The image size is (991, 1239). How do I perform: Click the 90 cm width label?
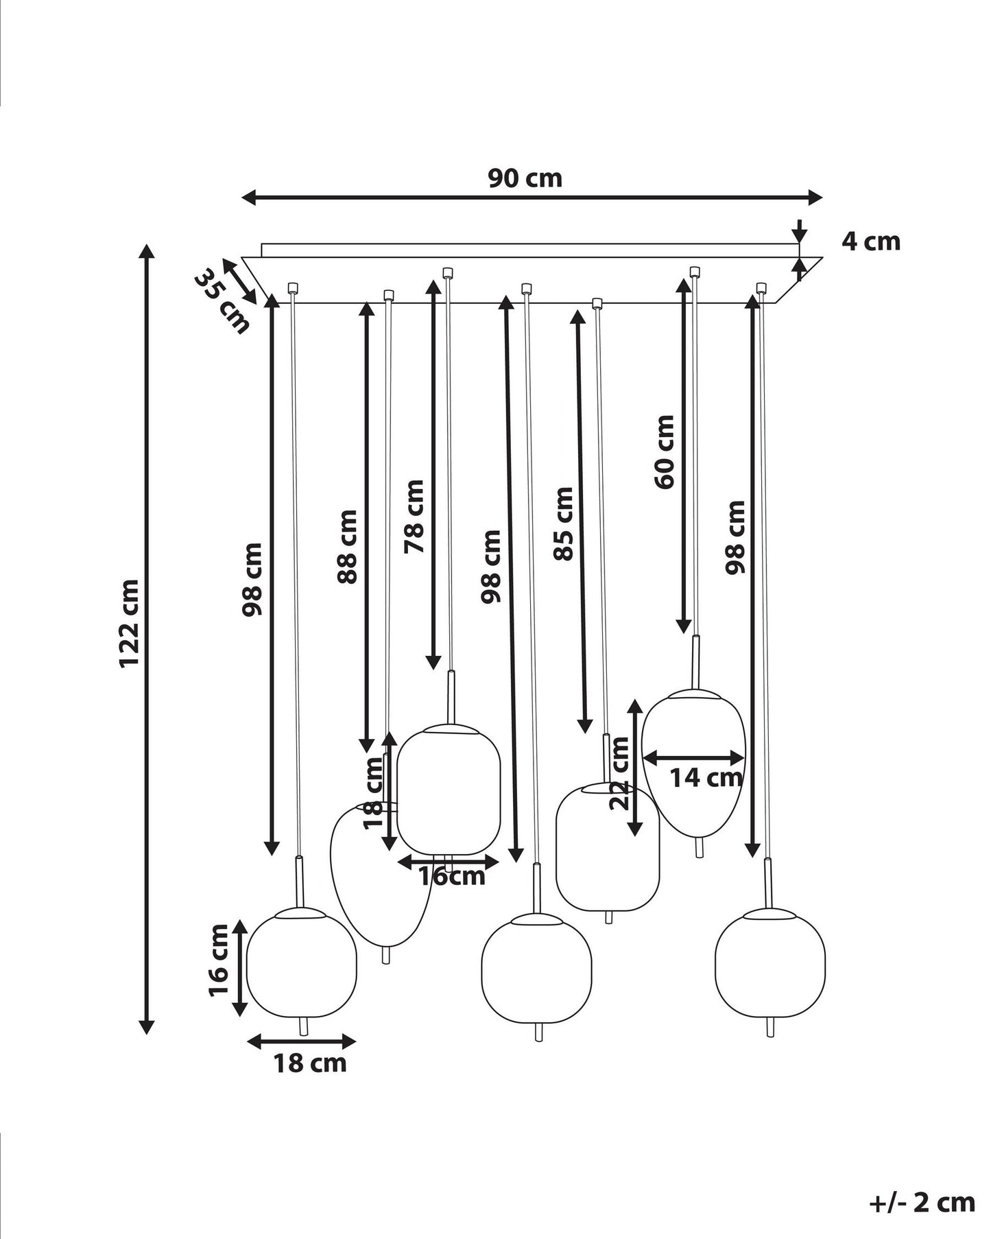[x=525, y=178]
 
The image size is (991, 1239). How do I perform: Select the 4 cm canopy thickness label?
[x=871, y=241]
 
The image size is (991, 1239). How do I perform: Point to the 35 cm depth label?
[x=222, y=301]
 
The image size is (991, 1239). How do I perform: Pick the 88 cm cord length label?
[x=347, y=547]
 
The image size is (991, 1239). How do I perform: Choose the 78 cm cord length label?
[x=414, y=517]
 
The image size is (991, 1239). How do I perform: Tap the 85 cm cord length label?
[x=563, y=524]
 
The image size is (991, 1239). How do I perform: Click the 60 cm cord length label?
[x=665, y=451]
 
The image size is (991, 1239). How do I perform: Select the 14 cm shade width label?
[x=706, y=778]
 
